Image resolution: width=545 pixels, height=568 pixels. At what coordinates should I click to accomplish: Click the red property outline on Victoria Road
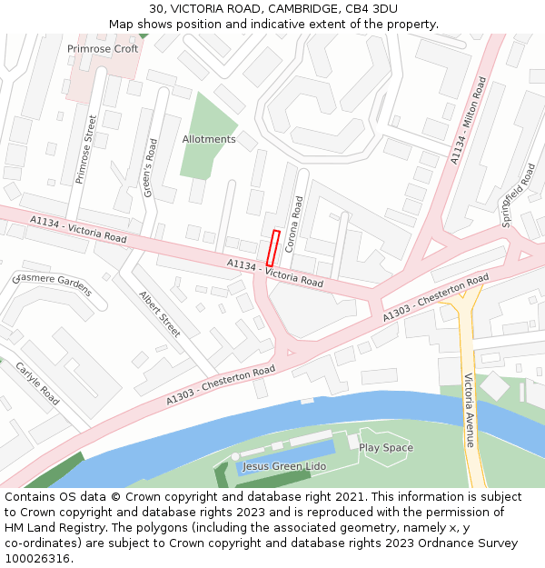[272, 248]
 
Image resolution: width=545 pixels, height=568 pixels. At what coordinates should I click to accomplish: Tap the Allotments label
[208, 139]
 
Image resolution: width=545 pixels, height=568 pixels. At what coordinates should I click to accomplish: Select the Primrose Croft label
[103, 49]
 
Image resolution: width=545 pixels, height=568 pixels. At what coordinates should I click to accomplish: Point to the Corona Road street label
[293, 224]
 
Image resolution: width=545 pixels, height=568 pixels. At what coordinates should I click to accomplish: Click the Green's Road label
[150, 167]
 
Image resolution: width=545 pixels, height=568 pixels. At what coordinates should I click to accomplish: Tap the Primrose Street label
[86, 149]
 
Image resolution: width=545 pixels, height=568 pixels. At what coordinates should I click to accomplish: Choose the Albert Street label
[160, 314]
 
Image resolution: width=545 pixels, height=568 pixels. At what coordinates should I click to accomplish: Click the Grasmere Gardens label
[54, 284]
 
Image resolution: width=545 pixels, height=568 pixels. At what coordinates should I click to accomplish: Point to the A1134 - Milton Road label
[469, 121]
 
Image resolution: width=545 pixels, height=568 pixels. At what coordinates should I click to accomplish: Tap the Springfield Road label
[519, 194]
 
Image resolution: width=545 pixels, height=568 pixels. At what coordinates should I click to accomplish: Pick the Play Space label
[385, 447]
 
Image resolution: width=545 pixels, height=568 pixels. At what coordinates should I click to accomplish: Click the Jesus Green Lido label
[283, 466]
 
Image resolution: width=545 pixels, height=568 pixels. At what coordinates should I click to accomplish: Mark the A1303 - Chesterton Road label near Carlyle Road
[221, 386]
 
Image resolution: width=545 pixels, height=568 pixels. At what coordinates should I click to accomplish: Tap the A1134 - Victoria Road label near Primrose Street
[78, 228]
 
